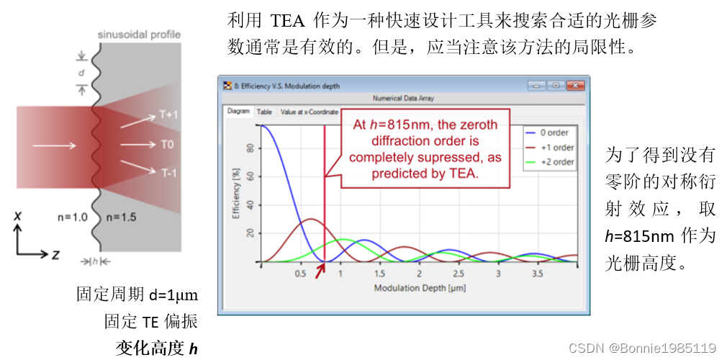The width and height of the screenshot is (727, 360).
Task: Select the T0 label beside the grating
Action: [x=167, y=145]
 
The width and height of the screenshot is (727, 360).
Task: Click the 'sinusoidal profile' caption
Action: [x=139, y=35]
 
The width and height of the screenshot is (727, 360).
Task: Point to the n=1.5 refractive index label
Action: [x=121, y=216]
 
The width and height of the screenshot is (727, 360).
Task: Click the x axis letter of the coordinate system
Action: [x=18, y=215]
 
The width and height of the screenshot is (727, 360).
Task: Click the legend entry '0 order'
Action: [x=554, y=132]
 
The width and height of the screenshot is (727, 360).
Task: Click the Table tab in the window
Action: [x=265, y=112]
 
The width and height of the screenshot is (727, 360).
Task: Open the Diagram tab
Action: [x=238, y=112]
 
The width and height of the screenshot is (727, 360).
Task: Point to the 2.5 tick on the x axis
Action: [x=459, y=274]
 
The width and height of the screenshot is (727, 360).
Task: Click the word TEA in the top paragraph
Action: [x=289, y=20]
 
